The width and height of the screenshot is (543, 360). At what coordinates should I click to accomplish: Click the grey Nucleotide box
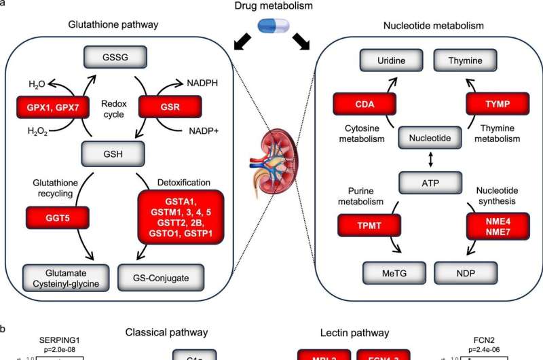426,139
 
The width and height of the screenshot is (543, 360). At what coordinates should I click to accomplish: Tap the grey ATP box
426,181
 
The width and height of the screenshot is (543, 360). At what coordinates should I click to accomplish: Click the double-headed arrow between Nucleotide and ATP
426,160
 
